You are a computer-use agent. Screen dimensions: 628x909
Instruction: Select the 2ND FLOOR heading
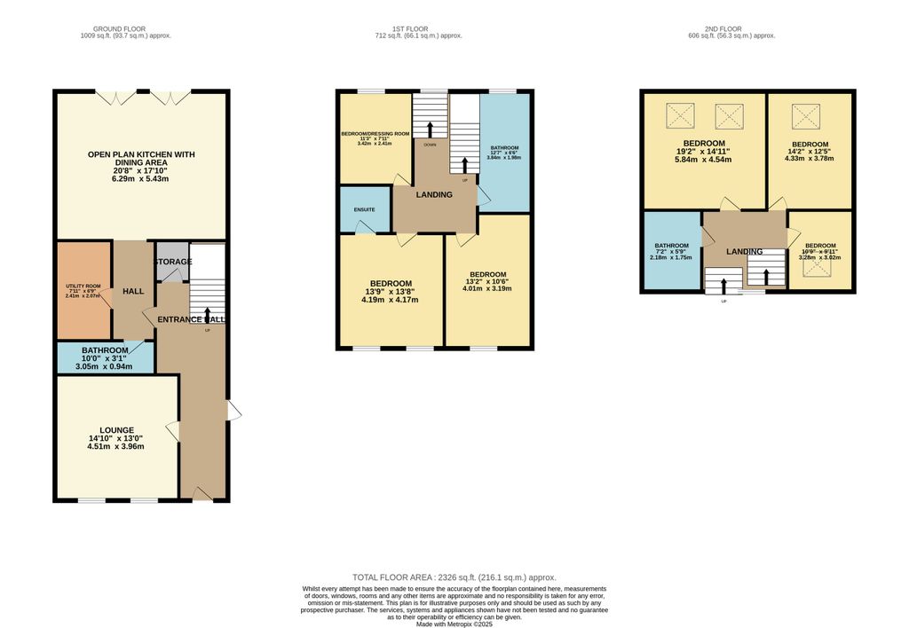tap(731, 28)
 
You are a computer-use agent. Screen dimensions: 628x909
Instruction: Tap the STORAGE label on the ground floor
tap(172, 263)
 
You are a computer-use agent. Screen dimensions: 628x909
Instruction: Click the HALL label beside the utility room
tap(133, 291)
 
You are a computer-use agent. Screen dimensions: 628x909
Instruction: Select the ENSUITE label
tap(365, 209)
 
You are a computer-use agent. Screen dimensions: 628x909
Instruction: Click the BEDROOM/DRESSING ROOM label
tap(375, 134)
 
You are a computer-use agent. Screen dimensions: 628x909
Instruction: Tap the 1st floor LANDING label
tap(434, 195)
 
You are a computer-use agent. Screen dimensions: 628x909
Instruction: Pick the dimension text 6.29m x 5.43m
tap(141, 179)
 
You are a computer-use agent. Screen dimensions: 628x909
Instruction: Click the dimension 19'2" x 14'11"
tap(704, 152)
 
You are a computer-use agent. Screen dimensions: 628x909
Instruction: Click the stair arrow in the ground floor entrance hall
tap(207, 315)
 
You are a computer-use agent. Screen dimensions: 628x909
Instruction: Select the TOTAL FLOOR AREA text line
tap(454, 577)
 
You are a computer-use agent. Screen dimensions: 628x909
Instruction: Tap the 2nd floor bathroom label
tap(671, 246)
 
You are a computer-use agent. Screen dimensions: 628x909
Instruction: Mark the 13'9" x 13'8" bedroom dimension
tap(389, 291)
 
